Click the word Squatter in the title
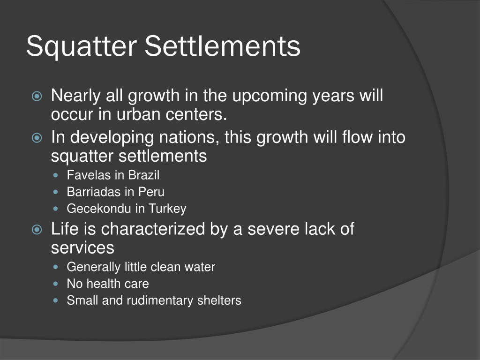point(81,47)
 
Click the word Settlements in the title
point(222,46)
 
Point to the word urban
point(134,113)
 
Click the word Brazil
point(144,175)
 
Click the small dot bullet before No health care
point(57,284)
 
